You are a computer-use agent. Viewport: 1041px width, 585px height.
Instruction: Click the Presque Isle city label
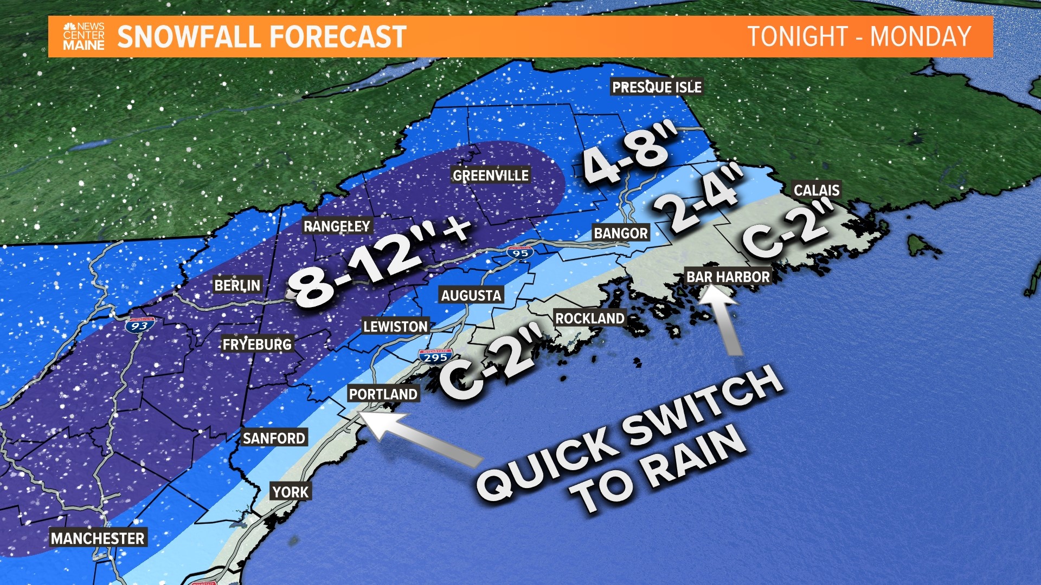[x=657, y=87]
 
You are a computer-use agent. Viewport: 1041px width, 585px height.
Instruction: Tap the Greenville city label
[x=491, y=175]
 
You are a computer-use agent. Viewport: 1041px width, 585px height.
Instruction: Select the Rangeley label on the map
[x=337, y=226]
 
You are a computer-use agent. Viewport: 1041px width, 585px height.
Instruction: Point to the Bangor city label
[x=621, y=233]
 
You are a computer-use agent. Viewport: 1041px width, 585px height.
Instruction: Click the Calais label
[x=817, y=190]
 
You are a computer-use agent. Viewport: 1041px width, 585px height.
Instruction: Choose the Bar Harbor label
[x=728, y=277]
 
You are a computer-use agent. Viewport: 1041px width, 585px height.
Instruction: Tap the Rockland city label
[x=590, y=318]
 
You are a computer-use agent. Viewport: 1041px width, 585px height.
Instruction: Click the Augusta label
[x=471, y=296]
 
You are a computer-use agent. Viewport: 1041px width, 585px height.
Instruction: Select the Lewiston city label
[x=395, y=327]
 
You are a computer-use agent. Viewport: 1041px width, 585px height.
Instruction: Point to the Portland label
[x=383, y=394]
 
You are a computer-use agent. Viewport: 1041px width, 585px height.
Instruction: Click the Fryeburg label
[x=257, y=344]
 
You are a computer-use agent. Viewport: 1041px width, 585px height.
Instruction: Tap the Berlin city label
[x=237, y=285]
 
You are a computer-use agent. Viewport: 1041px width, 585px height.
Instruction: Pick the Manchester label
[x=98, y=538]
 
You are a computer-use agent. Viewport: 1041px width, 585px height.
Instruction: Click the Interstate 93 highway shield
[x=139, y=326]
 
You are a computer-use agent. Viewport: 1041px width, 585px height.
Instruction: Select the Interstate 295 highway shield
[x=435, y=357]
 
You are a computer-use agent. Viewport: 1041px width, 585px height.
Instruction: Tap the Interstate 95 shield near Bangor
[x=520, y=252]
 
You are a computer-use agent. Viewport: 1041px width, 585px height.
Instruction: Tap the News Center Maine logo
[x=83, y=37]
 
